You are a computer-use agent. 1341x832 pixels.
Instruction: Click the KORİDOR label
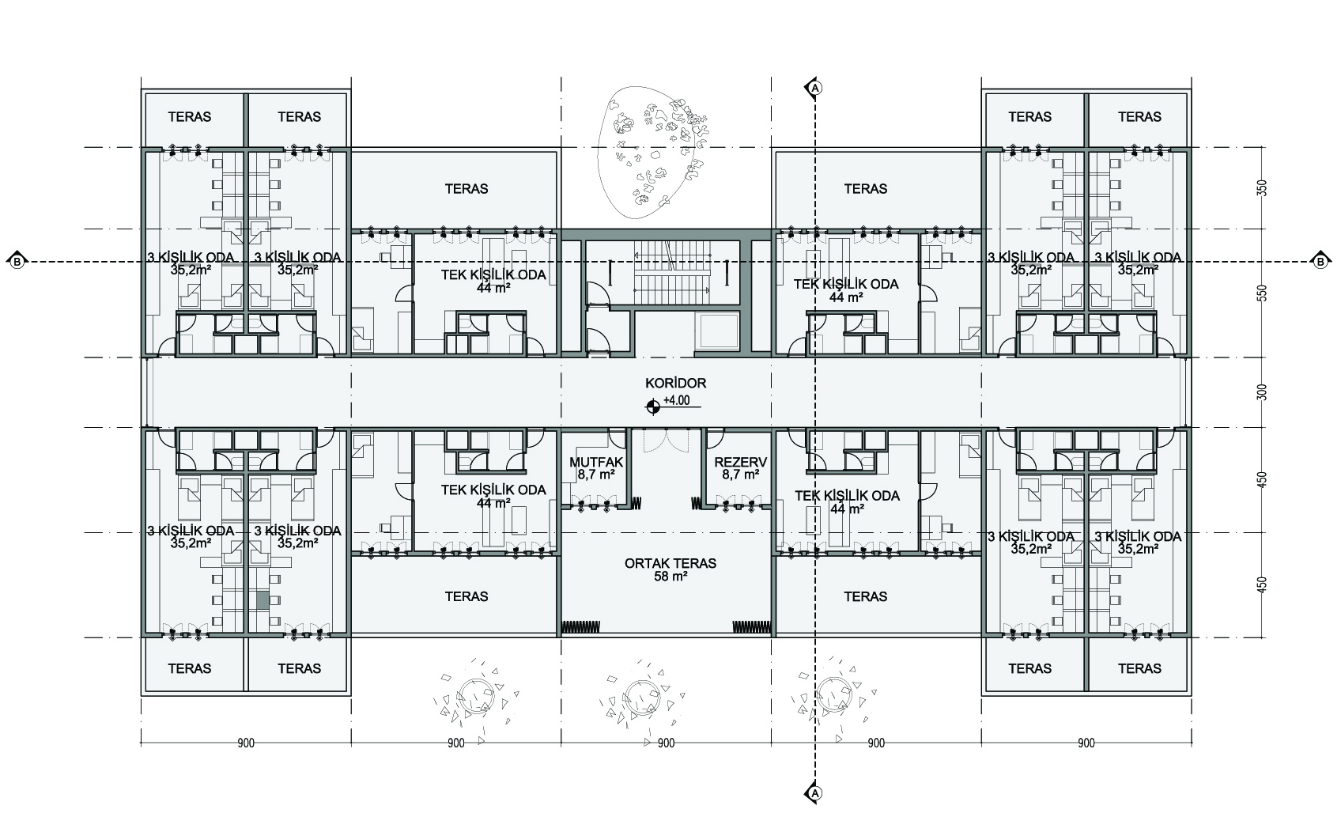click(675, 383)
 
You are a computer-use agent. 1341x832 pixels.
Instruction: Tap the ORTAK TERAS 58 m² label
click(670, 569)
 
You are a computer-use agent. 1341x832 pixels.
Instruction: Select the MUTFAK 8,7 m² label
click(596, 468)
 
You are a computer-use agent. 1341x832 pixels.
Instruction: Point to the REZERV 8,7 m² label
click(741, 468)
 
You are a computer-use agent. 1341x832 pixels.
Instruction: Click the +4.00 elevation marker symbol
click(652, 407)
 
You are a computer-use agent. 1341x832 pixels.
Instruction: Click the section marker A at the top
click(814, 88)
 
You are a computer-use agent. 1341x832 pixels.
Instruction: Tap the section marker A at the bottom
click(814, 794)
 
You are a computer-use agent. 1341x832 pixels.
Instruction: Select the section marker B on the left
click(17, 262)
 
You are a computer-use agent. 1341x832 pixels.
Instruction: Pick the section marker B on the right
click(1321, 262)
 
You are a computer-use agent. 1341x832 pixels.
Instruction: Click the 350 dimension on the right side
click(1263, 188)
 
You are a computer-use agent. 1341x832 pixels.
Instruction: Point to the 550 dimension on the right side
click(1263, 293)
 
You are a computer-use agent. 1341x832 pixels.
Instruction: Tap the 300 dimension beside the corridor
click(1263, 392)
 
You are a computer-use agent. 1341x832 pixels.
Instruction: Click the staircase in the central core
click(672, 273)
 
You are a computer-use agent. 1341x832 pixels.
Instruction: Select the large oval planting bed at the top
click(652, 153)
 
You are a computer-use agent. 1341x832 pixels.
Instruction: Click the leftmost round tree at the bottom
click(477, 696)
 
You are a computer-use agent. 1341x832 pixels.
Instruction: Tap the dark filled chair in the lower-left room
click(263, 601)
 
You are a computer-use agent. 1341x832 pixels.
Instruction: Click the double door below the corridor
click(667, 441)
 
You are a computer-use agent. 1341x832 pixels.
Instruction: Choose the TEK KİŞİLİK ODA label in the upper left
click(494, 281)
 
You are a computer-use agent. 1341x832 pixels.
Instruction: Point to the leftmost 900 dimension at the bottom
click(246, 743)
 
